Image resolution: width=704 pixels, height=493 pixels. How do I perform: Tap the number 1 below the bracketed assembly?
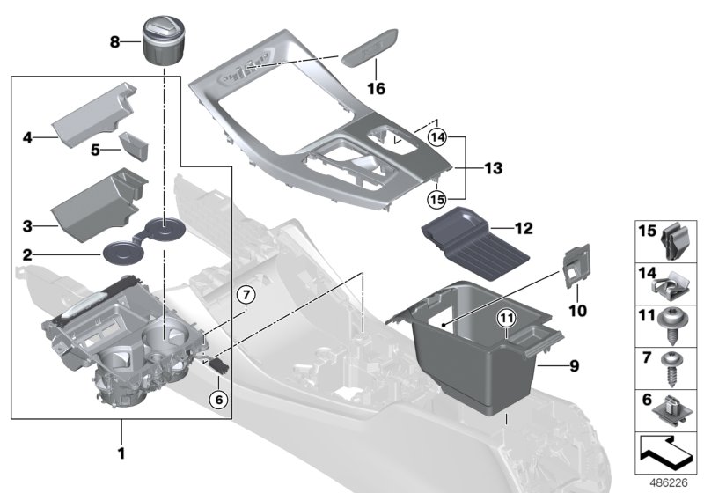pos(121,454)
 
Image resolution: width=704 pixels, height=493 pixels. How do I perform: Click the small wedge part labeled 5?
pos(134,145)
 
